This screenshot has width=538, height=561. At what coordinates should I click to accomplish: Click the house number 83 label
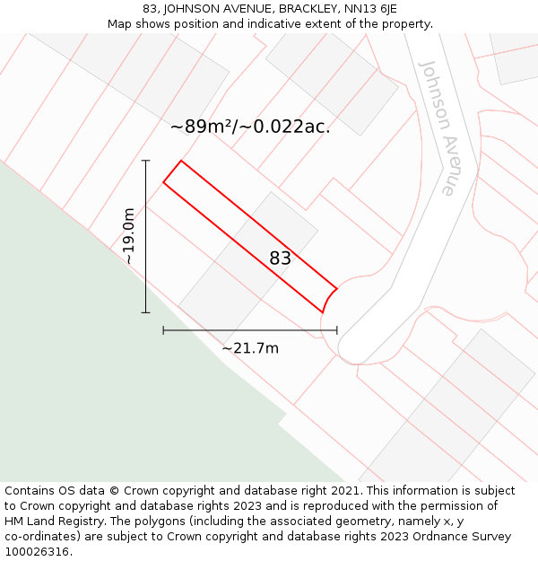(280, 259)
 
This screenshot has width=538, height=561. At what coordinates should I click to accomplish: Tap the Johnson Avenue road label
(438, 127)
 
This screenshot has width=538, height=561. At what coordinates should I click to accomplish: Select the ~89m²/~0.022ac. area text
(250, 127)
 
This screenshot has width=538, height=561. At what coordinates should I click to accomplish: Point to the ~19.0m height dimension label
(128, 236)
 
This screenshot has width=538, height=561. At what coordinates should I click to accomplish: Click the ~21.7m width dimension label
(250, 348)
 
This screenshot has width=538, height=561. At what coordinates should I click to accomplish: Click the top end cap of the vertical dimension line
(145, 161)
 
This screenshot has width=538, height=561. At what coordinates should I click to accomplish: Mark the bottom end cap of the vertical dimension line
(145, 312)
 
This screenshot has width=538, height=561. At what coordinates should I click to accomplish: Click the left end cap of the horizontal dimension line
(163, 330)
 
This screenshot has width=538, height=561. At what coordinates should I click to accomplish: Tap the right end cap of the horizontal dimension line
(337, 330)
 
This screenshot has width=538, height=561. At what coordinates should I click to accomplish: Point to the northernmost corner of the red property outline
(181, 161)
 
